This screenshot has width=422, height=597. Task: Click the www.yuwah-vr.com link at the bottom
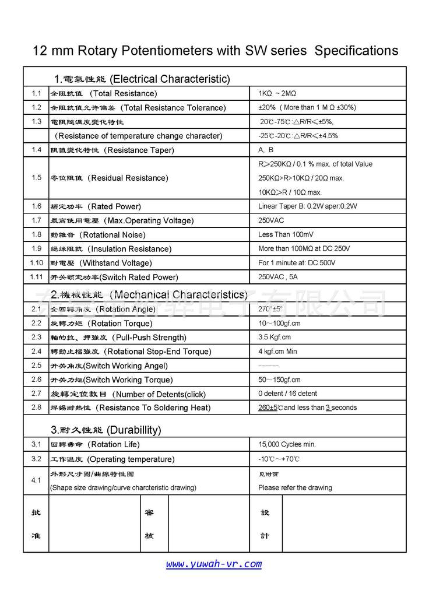[x=213, y=564]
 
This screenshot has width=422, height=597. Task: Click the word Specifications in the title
[x=356, y=51]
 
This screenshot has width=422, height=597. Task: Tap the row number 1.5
[x=36, y=178]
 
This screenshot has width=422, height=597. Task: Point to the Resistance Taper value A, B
[x=266, y=150]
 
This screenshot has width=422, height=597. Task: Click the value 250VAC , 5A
[x=277, y=277]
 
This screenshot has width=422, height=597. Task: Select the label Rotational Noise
[x=113, y=235]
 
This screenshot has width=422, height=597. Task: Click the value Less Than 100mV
[x=286, y=234]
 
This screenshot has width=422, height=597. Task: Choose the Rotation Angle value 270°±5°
[x=270, y=309]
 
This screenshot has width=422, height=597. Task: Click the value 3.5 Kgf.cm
[x=275, y=337]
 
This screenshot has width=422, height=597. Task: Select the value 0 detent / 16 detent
[x=287, y=394]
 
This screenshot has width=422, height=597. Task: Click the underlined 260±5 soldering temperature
[x=269, y=408]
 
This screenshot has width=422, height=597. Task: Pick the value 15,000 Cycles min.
[x=287, y=444]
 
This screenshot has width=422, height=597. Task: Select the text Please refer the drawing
[x=295, y=487]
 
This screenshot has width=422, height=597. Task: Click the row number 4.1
[x=36, y=480]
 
